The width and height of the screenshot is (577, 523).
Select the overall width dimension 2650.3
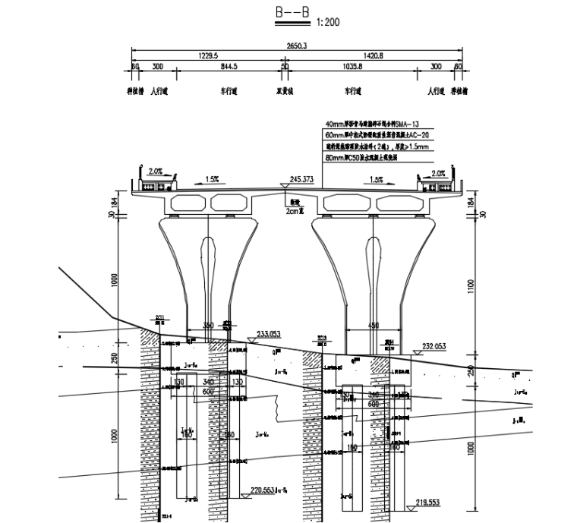click(297, 46)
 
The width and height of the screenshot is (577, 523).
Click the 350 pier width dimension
click(208, 326)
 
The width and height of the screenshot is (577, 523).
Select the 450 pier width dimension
click(373, 326)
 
